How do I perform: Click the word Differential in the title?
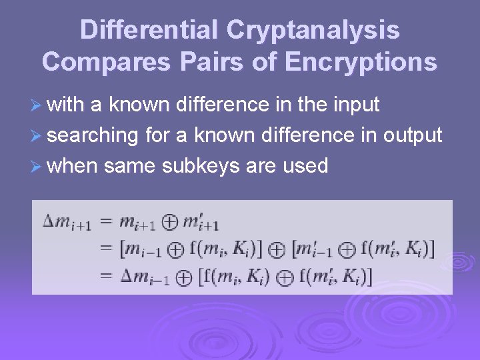coord(149,30)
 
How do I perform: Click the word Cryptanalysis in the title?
coord(313,30)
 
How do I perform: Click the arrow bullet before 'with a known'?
coord(37,105)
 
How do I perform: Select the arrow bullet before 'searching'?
coord(37,136)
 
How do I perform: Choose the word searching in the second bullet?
coord(93,136)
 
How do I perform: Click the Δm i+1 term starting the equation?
coord(67,223)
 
